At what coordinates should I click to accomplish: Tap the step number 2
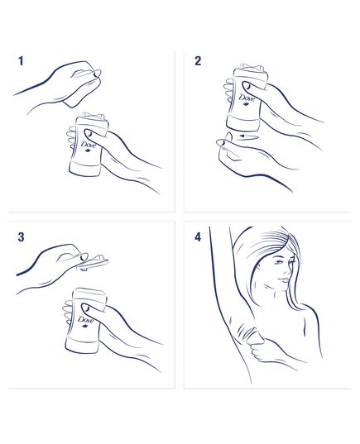[x=198, y=61]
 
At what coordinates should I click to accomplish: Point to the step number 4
[x=198, y=237]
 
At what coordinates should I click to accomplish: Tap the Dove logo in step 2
[x=246, y=102]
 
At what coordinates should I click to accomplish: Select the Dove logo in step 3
[x=85, y=322]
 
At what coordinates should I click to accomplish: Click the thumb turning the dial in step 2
[x=223, y=146]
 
